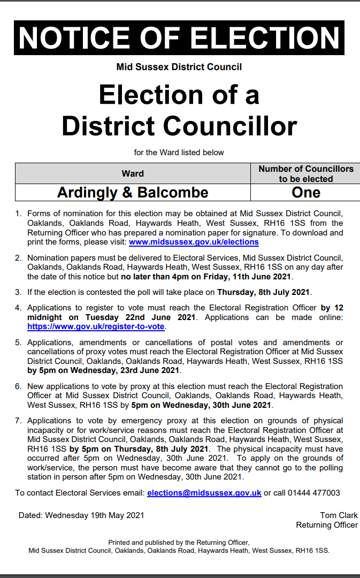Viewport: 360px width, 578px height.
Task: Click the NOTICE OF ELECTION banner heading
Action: pos(179,37)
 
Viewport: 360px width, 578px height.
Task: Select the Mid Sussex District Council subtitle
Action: pos(179,67)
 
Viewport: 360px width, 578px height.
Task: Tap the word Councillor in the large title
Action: pos(229,126)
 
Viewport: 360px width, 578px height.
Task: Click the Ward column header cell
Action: pos(133,173)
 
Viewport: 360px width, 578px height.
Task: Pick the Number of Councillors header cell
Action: pos(306,173)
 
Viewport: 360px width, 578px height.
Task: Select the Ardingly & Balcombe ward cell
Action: pos(133,192)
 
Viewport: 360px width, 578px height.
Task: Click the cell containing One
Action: pos(306,192)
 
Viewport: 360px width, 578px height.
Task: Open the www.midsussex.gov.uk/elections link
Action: pos(194,242)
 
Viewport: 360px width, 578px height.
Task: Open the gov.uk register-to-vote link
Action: pos(96,326)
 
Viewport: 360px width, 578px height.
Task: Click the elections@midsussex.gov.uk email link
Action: pos(204,493)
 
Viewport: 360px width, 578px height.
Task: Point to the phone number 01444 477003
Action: pos(313,493)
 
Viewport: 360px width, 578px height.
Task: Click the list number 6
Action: pos(18,386)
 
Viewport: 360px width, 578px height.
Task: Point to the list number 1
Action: pos(18,214)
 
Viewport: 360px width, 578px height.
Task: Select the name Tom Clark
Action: pos(339,515)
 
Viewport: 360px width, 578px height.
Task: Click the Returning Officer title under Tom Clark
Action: pos(327,525)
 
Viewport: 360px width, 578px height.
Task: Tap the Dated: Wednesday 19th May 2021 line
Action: pos(81,515)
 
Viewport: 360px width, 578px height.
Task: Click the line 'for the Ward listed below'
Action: pos(179,153)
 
